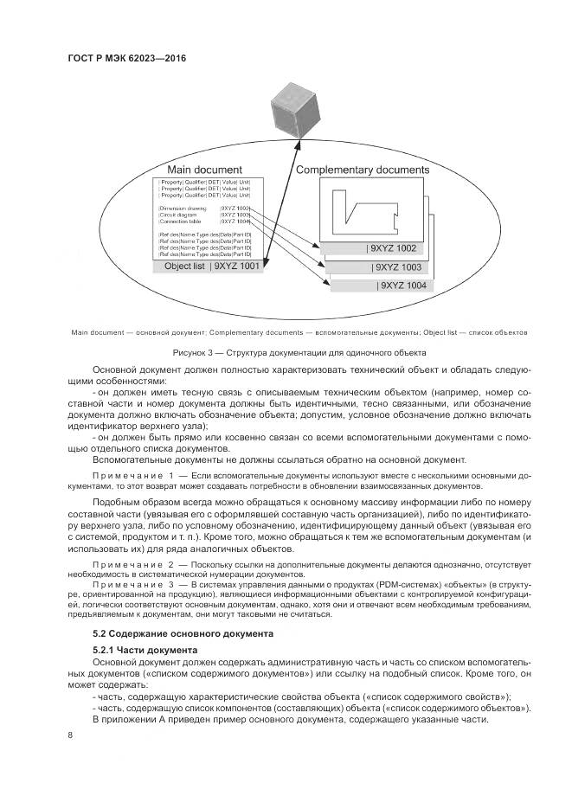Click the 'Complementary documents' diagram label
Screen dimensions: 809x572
[363, 170]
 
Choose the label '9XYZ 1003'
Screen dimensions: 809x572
[399, 267]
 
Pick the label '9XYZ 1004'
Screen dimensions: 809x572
[403, 286]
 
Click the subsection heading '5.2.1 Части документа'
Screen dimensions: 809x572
[145, 649]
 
